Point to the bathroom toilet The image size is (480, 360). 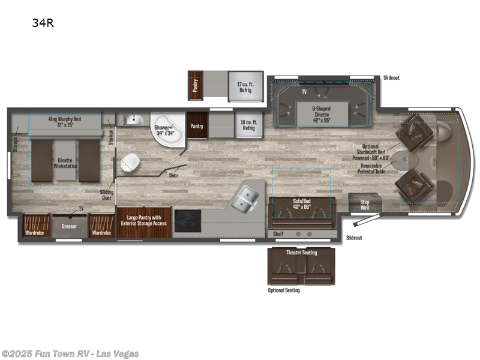[129, 163]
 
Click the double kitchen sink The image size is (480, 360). [245, 199]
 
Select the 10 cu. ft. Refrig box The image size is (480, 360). [248, 124]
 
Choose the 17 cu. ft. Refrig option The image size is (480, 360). [245, 88]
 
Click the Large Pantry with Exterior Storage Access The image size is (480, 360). [144, 221]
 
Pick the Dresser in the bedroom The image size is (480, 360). [70, 226]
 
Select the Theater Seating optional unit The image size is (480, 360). [301, 264]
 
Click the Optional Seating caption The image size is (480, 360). [283, 290]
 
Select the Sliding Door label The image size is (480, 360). [107, 195]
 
